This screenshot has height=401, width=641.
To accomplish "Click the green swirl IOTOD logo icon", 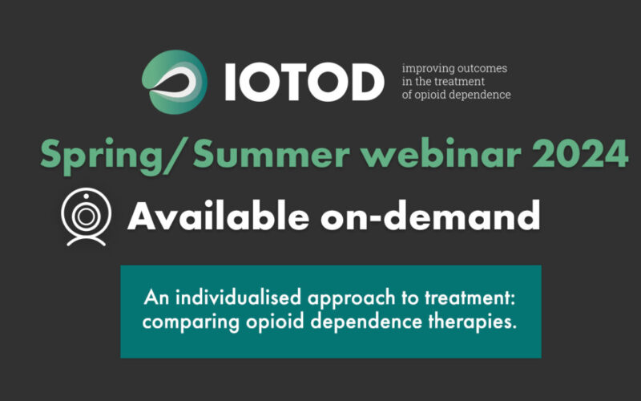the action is [175, 82].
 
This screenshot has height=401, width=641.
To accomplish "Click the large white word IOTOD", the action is [304, 83].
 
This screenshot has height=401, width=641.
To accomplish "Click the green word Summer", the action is [272, 153].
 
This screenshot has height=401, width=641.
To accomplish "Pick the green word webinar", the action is [442, 153].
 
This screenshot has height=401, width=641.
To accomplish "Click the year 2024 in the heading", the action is [580, 153].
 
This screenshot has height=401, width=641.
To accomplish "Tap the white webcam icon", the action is [87, 217].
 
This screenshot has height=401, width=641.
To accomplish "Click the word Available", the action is [218, 216].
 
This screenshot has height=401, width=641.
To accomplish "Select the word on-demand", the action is [430, 216].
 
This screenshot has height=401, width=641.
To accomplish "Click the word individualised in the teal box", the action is [238, 298].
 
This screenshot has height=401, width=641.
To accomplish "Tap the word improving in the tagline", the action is [423, 69].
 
